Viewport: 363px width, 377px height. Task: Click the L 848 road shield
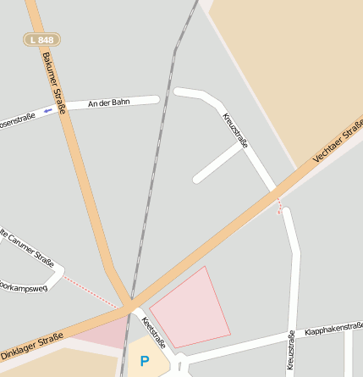click(x=40, y=40)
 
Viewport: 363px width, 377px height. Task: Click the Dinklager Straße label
click(x=32, y=347)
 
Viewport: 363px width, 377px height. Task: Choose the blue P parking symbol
click(x=144, y=362)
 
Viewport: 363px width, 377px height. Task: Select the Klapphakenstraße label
click(x=333, y=327)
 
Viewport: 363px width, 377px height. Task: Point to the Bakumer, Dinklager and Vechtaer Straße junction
click(x=128, y=305)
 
